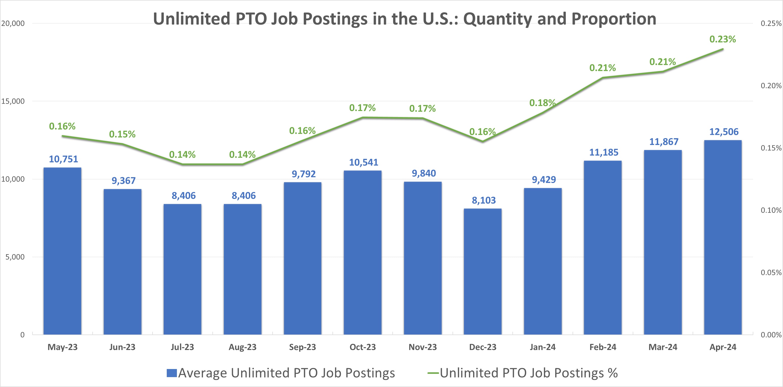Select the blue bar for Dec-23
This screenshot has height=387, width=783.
click(482, 272)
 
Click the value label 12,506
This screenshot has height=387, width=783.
click(724, 132)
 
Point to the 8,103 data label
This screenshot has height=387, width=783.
click(484, 200)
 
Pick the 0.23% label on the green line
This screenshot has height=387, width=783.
click(723, 39)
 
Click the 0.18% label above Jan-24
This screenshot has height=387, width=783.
click(542, 103)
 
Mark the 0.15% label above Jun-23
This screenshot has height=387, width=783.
click(122, 134)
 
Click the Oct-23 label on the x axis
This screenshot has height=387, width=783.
click(362, 347)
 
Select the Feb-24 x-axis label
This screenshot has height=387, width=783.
click(603, 347)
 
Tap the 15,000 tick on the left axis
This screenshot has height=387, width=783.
click(13, 101)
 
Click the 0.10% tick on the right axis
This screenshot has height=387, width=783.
click(771, 210)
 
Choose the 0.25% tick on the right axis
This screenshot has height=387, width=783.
click(771, 23)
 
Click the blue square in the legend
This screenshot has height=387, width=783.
click(172, 373)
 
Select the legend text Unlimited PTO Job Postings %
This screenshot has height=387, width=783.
click(529, 373)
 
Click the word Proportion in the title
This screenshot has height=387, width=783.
click(614, 19)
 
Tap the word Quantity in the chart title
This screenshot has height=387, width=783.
click(497, 19)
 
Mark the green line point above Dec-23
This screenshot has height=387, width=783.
click(482, 141)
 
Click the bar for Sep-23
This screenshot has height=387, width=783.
click(303, 258)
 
